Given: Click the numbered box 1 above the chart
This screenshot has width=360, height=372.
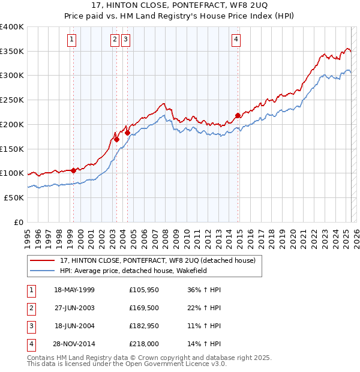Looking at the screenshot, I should click(x=72, y=40).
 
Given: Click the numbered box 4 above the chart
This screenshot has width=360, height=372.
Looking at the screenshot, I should click(x=236, y=40).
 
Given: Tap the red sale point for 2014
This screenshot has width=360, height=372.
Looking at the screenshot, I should click(x=238, y=115).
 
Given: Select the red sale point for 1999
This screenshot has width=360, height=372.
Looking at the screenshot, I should click(x=74, y=170).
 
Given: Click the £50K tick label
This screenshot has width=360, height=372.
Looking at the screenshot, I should click(x=14, y=197).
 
